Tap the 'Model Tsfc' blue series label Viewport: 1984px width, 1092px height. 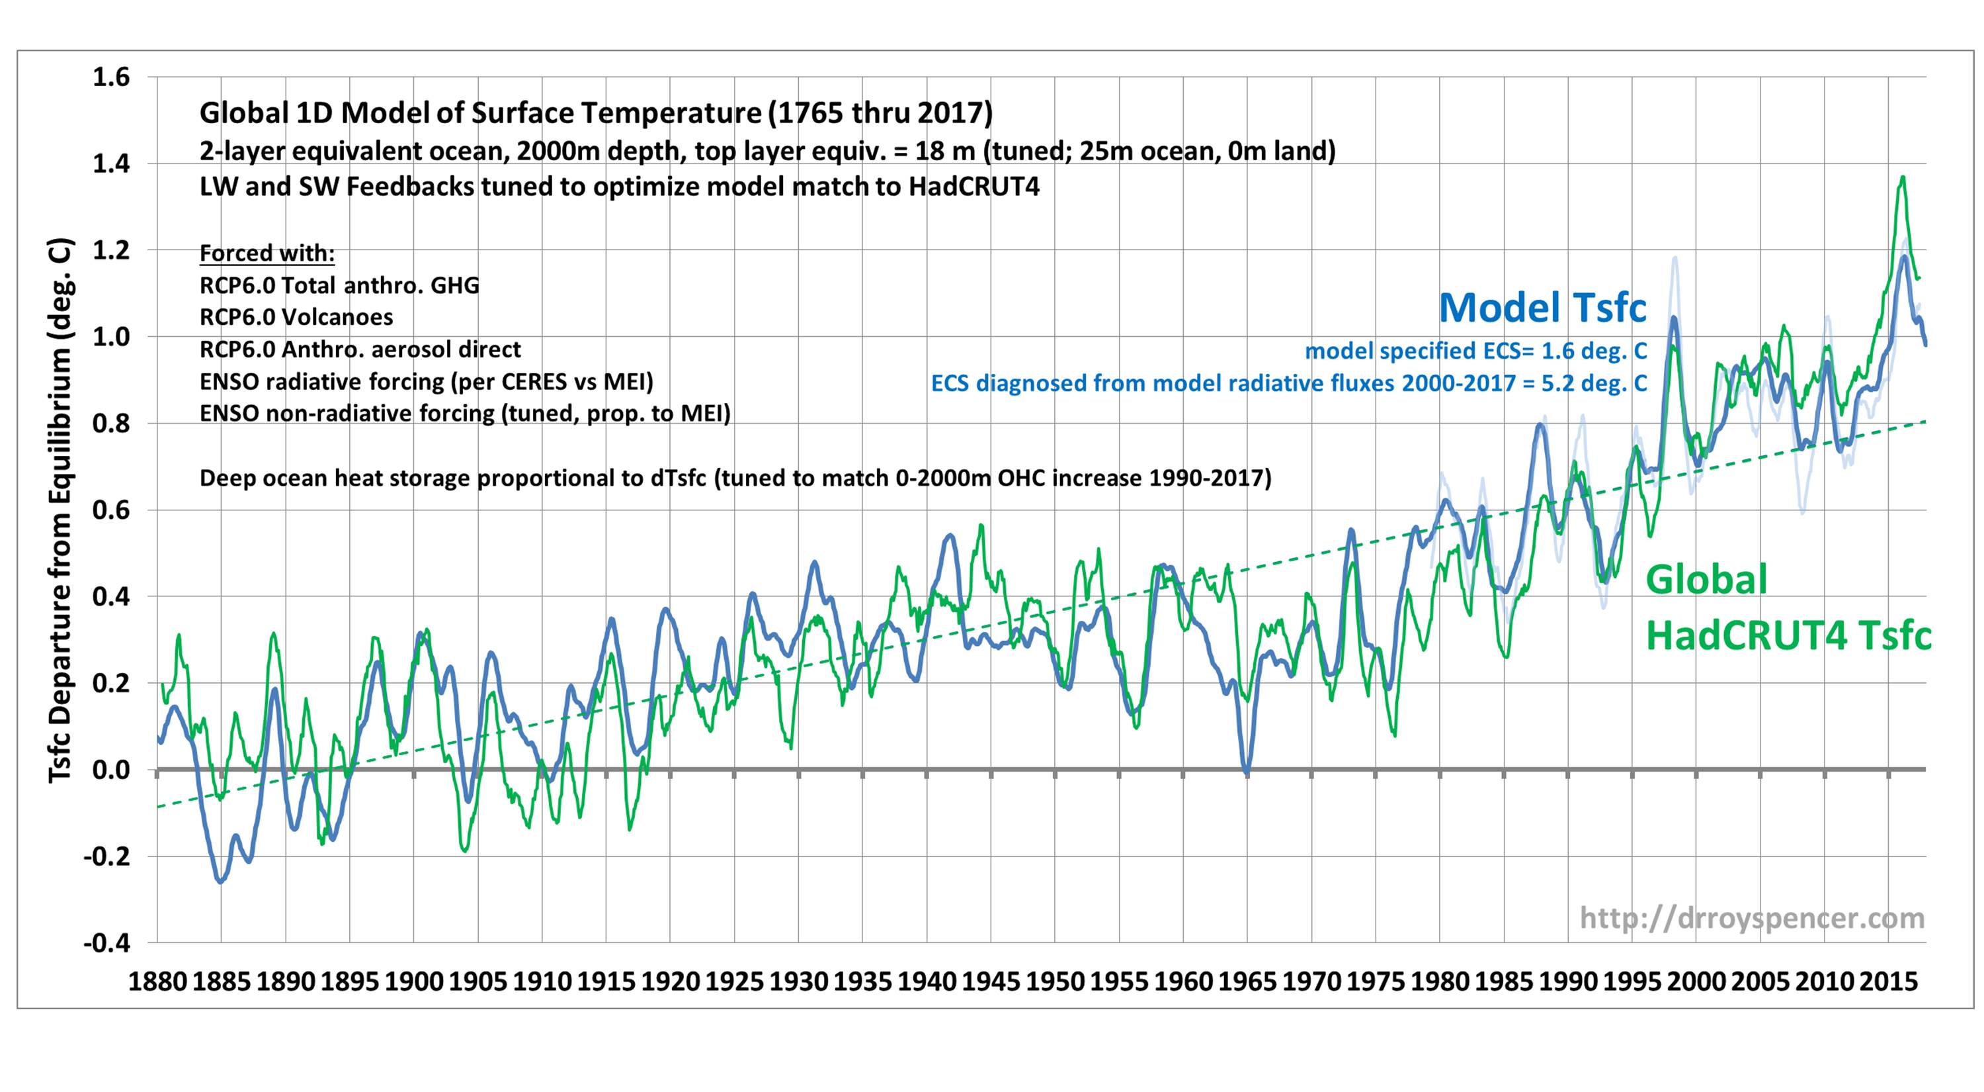[1543, 308]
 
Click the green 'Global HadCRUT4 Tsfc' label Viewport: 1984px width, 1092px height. [1788, 608]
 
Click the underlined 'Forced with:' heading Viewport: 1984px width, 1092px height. [267, 253]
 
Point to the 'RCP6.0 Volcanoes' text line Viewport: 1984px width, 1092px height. [296, 317]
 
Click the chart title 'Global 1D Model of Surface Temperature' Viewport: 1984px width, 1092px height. [595, 113]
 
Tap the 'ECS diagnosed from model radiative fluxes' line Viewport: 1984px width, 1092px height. [1288, 383]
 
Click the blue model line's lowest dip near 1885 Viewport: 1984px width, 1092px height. [221, 881]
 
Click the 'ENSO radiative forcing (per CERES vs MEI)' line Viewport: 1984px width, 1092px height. [427, 381]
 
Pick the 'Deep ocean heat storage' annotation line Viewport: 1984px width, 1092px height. [735, 478]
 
